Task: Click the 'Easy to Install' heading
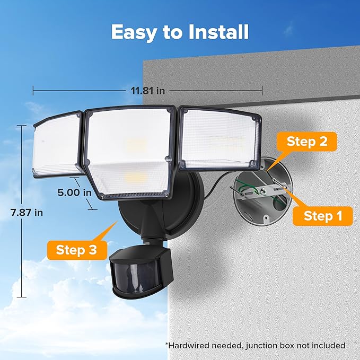click(180, 32)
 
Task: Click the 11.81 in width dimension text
click(148, 91)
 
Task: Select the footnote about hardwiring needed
click(255, 345)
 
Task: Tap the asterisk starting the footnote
click(167, 345)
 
